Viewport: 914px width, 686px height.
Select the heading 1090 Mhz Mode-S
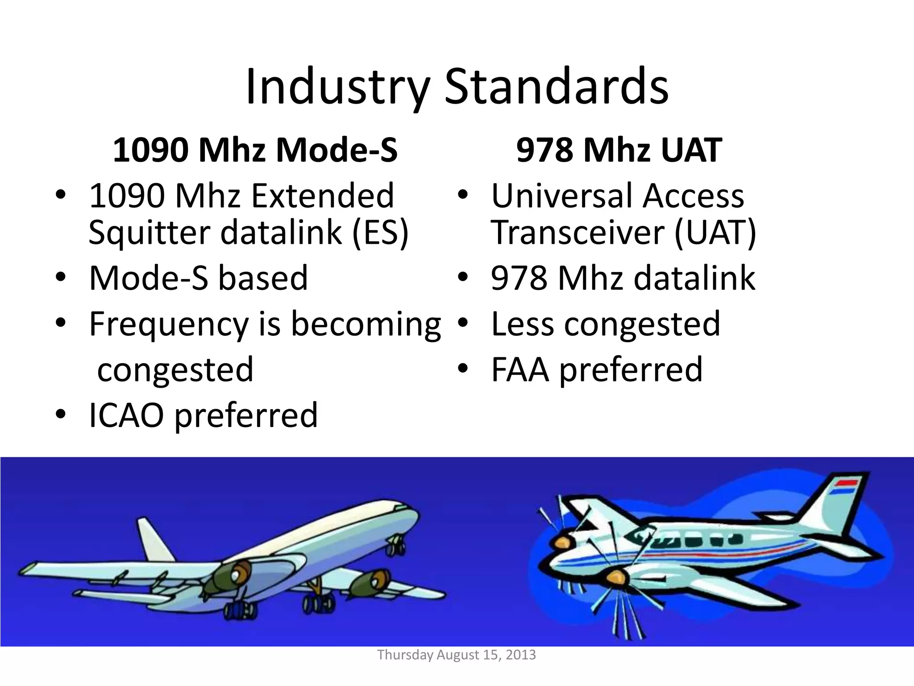coord(255,150)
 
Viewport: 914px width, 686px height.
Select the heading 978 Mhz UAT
coord(619,150)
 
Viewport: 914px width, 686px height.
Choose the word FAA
coord(519,369)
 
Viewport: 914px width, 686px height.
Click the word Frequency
coord(169,324)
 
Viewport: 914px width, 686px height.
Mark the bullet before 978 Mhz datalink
coord(463,278)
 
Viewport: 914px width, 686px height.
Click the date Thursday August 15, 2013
coord(456,655)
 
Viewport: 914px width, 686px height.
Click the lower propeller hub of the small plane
coord(615,577)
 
